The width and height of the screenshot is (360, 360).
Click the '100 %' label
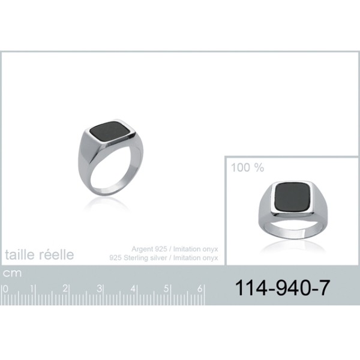pos(247,167)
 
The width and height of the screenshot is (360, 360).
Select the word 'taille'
pos(20,254)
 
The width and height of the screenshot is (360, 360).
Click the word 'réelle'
pos(56,254)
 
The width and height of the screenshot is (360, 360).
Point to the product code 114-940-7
pos(283,287)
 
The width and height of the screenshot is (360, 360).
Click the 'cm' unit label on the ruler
pos(12,273)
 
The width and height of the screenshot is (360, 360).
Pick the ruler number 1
pos(32,289)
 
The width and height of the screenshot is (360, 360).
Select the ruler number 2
pos(65,289)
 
